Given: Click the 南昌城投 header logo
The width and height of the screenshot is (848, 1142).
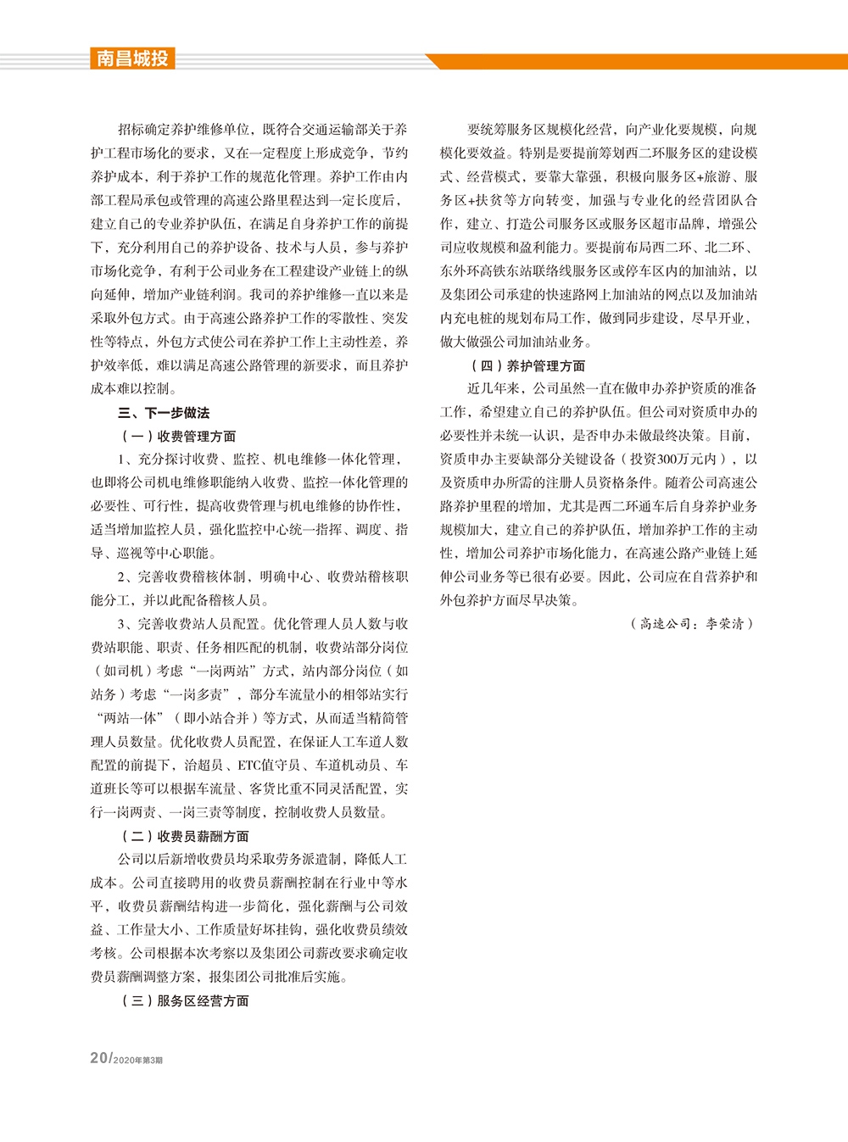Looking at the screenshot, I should click(x=132, y=58).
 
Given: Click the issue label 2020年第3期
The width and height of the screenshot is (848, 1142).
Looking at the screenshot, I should click(x=138, y=1060).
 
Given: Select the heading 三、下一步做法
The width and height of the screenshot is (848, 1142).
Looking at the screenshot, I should click(x=164, y=413).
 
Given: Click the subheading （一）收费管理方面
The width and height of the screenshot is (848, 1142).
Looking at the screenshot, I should click(x=178, y=437).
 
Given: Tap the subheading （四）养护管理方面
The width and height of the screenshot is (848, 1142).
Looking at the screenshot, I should click(x=527, y=365).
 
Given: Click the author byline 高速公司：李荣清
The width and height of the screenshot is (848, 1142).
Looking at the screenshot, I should click(x=691, y=624).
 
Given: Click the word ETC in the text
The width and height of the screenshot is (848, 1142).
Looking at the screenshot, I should click(x=249, y=766).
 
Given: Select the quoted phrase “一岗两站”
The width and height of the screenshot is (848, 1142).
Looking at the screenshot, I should click(x=220, y=671).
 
